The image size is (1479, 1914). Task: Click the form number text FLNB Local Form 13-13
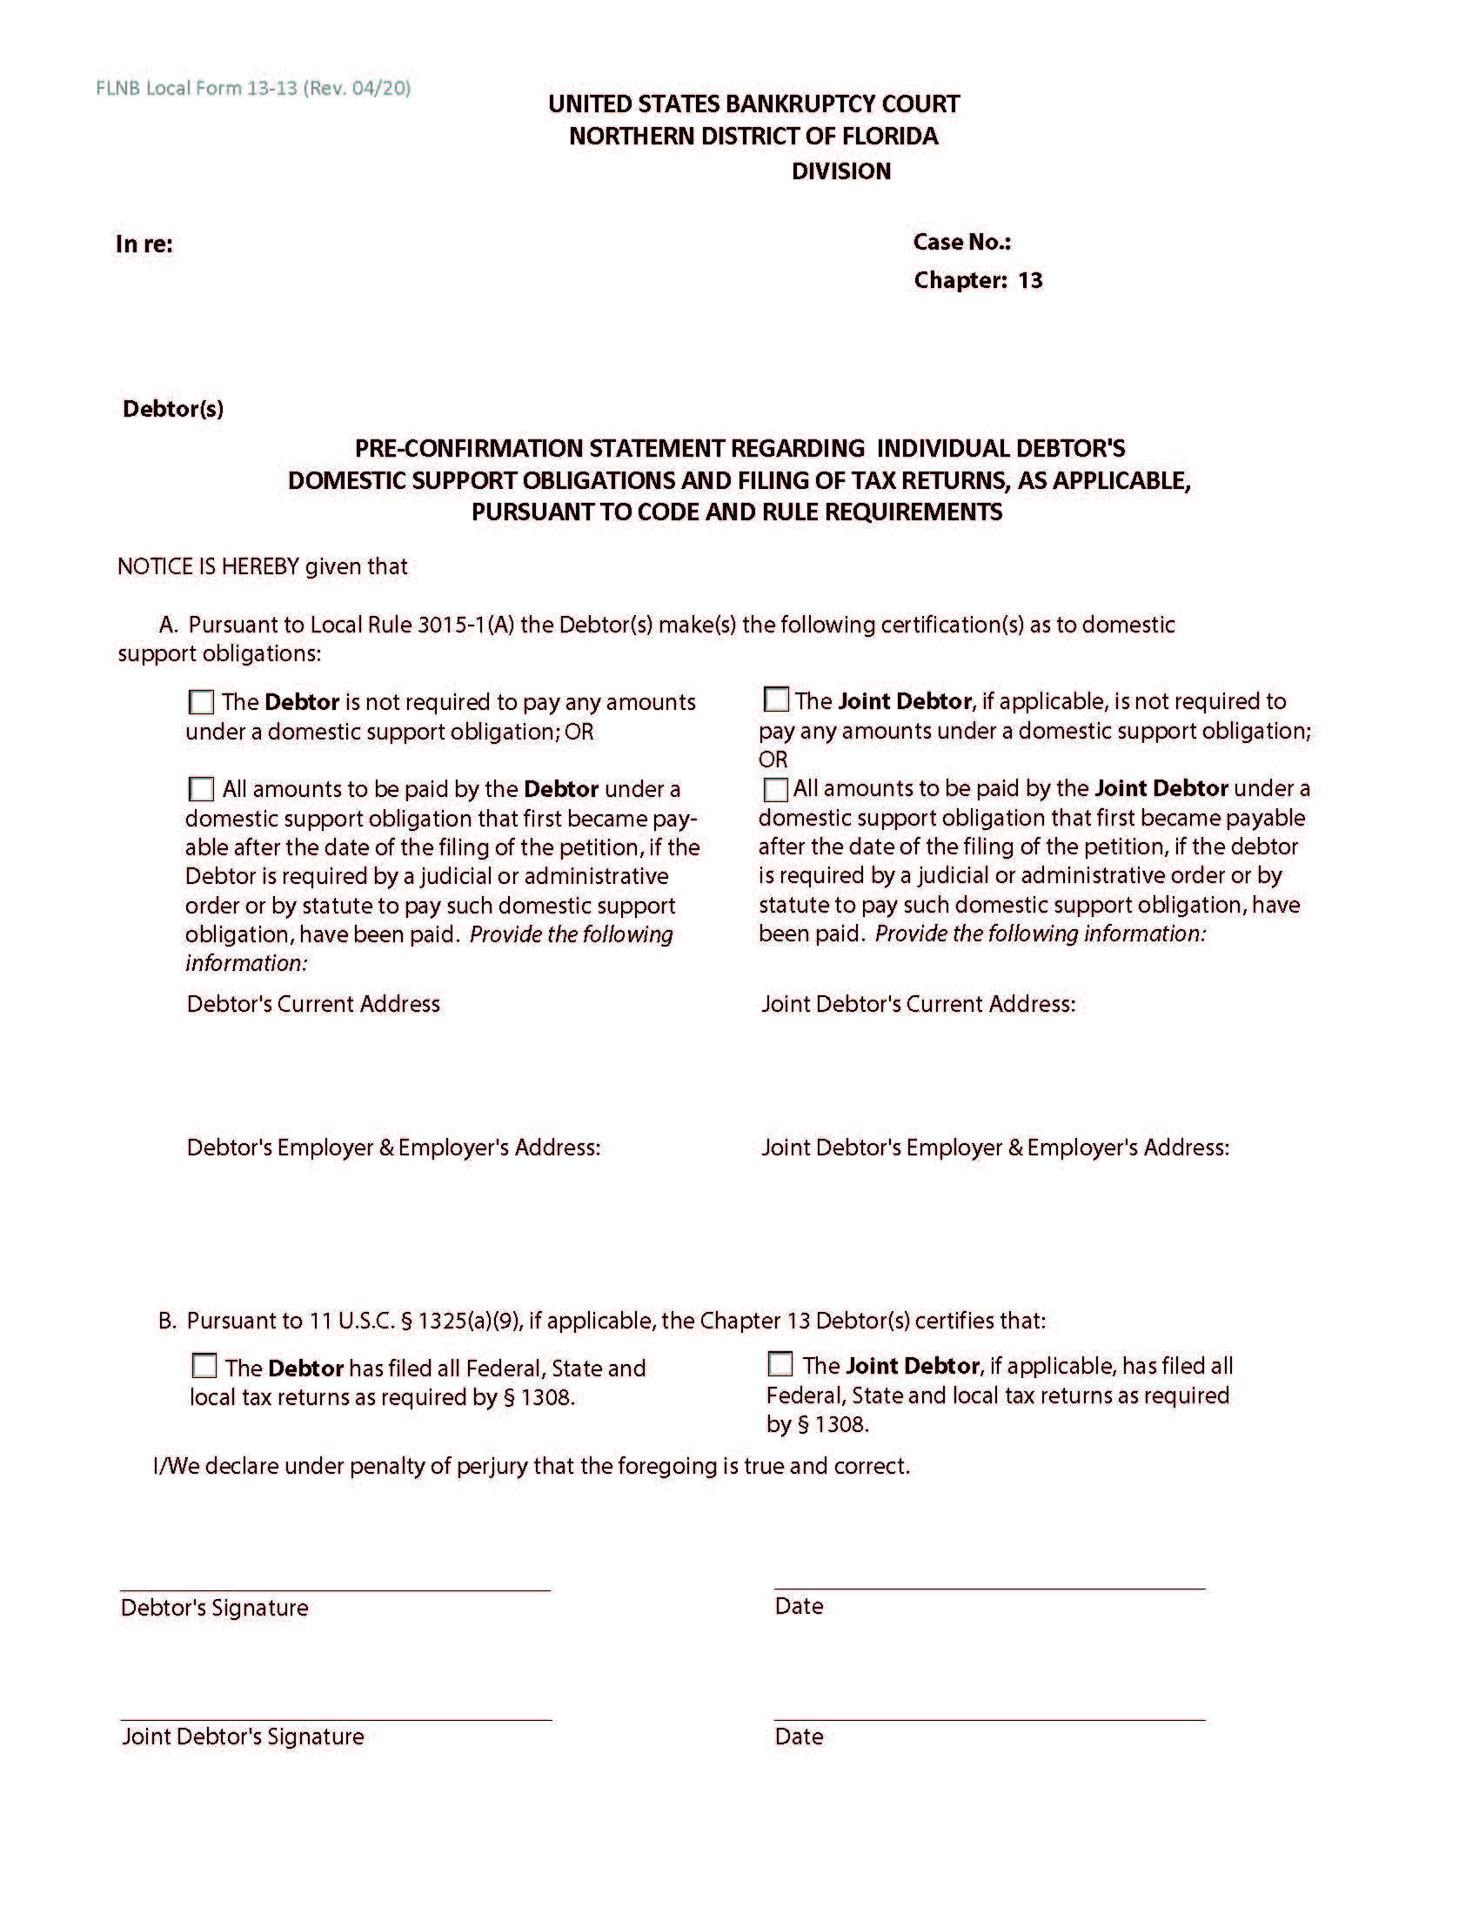pyautogui.click(x=197, y=89)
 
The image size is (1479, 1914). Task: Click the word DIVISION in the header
pyautogui.click(x=840, y=171)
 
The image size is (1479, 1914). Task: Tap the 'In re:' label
pyautogui.click(x=144, y=244)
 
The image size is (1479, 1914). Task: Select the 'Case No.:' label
pyautogui.click(x=961, y=242)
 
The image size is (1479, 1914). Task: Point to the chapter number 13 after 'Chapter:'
pyautogui.click(x=1029, y=280)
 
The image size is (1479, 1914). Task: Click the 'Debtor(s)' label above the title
pyautogui.click(x=172, y=408)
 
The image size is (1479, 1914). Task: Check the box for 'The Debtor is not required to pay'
pyautogui.click(x=202, y=702)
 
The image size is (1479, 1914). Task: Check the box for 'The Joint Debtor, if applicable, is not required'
pyautogui.click(x=775, y=700)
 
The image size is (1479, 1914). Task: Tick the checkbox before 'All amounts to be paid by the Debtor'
pyautogui.click(x=202, y=789)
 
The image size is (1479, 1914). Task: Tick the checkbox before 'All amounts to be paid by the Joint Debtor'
pyautogui.click(x=775, y=789)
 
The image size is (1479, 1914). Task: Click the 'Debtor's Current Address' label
pyautogui.click(x=313, y=1003)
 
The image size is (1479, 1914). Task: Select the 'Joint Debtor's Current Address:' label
pyautogui.click(x=917, y=1003)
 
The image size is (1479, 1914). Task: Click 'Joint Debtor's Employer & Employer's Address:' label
pyautogui.click(x=994, y=1148)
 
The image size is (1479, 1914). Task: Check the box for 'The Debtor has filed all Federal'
pyautogui.click(x=204, y=1366)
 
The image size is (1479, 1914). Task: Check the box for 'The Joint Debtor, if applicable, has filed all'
pyautogui.click(x=780, y=1364)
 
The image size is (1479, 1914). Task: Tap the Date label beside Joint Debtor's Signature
pyautogui.click(x=798, y=1737)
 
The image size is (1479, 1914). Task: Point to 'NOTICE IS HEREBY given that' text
pyautogui.click(x=262, y=566)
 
